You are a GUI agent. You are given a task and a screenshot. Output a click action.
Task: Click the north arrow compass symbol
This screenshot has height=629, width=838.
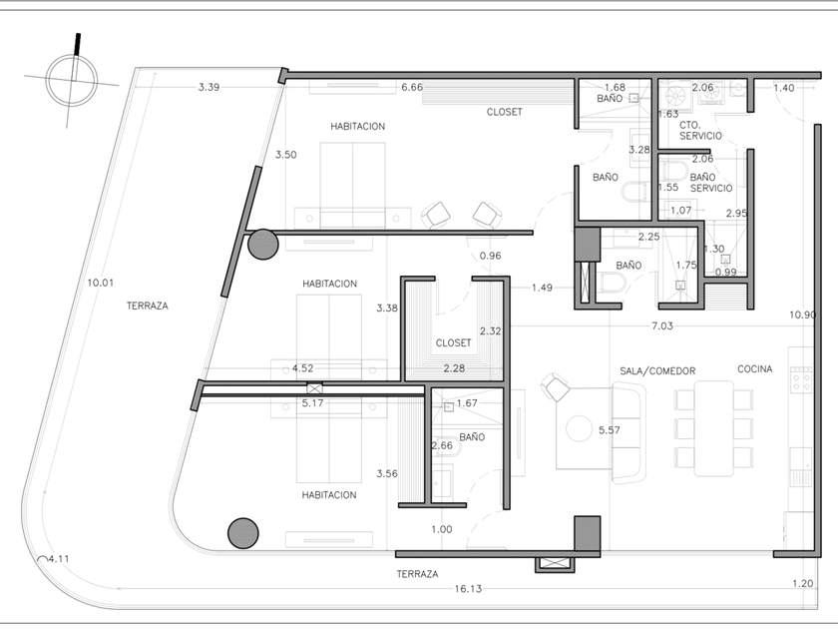[72, 80]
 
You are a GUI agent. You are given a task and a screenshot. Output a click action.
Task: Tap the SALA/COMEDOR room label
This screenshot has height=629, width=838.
[657, 370]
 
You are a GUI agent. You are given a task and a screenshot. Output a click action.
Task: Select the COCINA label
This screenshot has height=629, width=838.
[754, 368]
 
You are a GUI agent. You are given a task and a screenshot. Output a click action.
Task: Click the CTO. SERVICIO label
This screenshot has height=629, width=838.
[700, 131]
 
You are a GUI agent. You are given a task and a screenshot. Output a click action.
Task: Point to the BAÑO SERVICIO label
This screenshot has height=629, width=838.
[710, 183]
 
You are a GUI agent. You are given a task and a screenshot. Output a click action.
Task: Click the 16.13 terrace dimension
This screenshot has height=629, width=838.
[468, 588]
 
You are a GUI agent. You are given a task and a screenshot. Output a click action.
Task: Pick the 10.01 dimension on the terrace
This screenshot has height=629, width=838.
[101, 283]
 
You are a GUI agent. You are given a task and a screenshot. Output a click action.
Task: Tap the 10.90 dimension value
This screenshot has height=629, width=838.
[802, 314]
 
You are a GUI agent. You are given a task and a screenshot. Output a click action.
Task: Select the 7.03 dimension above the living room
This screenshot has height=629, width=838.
[661, 325]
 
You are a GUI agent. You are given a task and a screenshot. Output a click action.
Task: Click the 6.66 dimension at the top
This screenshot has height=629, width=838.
[412, 87]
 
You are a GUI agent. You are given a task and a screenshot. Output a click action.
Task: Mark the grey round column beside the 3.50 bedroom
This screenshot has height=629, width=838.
[263, 245]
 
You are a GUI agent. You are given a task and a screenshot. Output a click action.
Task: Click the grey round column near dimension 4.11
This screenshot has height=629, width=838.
[243, 533]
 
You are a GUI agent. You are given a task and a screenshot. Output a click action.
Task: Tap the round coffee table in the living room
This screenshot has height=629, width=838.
[579, 429]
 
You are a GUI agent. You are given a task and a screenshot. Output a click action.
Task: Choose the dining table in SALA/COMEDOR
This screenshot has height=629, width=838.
[713, 428]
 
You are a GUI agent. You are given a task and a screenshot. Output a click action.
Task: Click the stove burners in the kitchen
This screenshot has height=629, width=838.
[800, 379]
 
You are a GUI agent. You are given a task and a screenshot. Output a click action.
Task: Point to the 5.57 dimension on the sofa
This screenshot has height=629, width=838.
[610, 429]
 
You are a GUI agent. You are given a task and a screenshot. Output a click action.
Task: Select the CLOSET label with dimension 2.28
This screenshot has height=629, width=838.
[453, 342]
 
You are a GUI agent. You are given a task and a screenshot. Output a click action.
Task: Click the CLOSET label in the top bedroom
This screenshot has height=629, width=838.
[504, 112]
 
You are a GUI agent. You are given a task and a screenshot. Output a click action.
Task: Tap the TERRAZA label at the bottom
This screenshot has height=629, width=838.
[417, 574]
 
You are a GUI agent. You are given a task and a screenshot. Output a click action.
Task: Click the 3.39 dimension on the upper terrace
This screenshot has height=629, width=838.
[209, 87]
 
